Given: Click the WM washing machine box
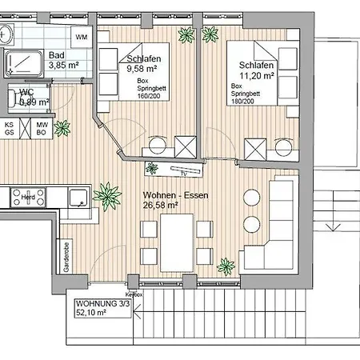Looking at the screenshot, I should click(81, 37).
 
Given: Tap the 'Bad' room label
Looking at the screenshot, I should click(56, 55).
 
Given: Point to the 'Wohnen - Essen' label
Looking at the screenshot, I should click(172, 195).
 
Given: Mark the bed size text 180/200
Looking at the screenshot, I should click(245, 102).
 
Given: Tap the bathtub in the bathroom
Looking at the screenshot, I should click(25, 62).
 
